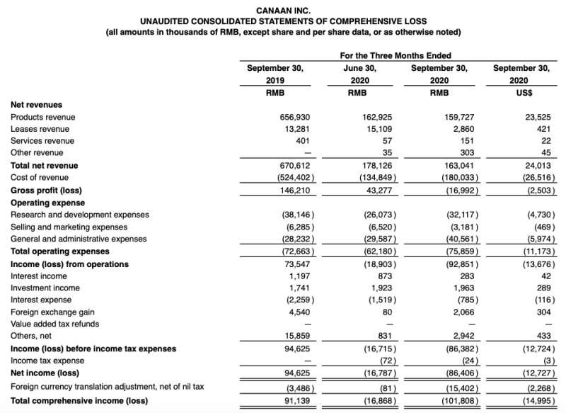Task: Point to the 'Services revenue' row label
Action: (x=42, y=141)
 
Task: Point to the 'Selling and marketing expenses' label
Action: (x=69, y=227)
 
